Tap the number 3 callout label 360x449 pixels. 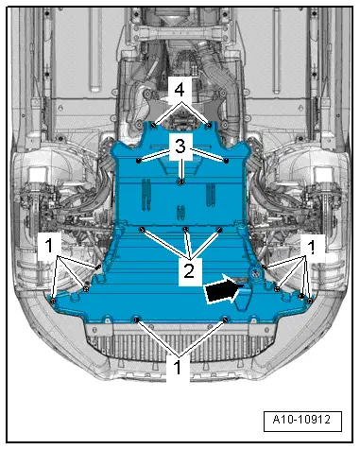(x=180, y=147)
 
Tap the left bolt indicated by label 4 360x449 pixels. (x=152, y=122)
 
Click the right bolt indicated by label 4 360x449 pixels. (x=208, y=122)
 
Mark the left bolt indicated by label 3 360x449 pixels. (x=139, y=161)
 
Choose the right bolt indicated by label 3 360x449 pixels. (x=228, y=161)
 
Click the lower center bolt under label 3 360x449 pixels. (x=180, y=180)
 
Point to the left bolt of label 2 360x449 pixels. (x=142, y=229)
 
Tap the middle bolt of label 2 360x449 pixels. (x=186, y=230)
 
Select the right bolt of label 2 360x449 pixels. (x=219, y=229)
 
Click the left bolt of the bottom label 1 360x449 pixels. (x=137, y=320)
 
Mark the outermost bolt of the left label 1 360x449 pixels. (x=53, y=301)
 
